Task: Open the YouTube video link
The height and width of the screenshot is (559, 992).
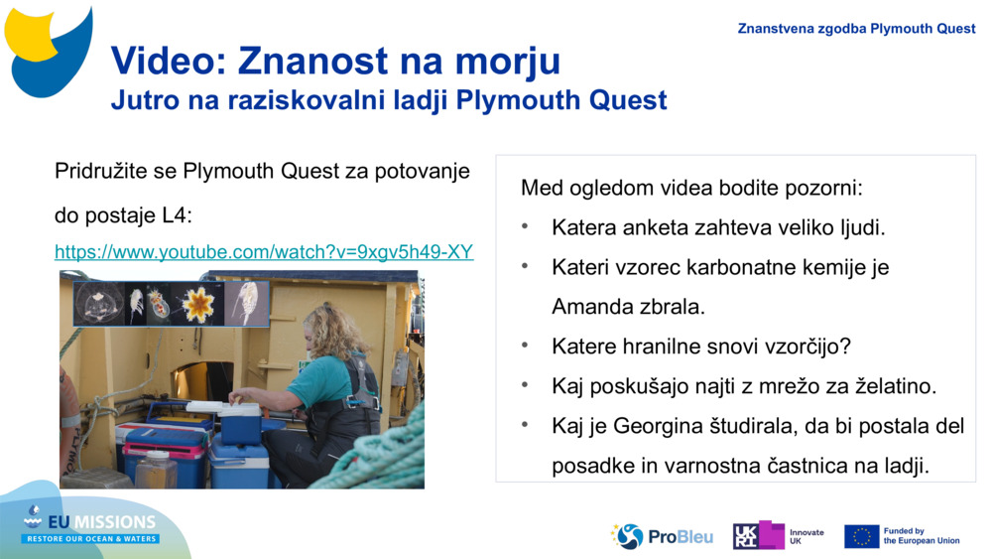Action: [264, 252]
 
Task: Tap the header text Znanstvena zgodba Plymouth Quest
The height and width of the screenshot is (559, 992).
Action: [856, 29]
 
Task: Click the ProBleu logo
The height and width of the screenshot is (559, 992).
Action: [663, 536]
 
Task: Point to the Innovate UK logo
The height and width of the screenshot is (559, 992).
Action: [778, 536]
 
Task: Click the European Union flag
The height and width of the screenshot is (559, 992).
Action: [861, 536]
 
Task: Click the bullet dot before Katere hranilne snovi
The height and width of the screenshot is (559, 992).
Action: [526, 347]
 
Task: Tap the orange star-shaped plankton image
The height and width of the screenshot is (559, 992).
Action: [198, 305]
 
